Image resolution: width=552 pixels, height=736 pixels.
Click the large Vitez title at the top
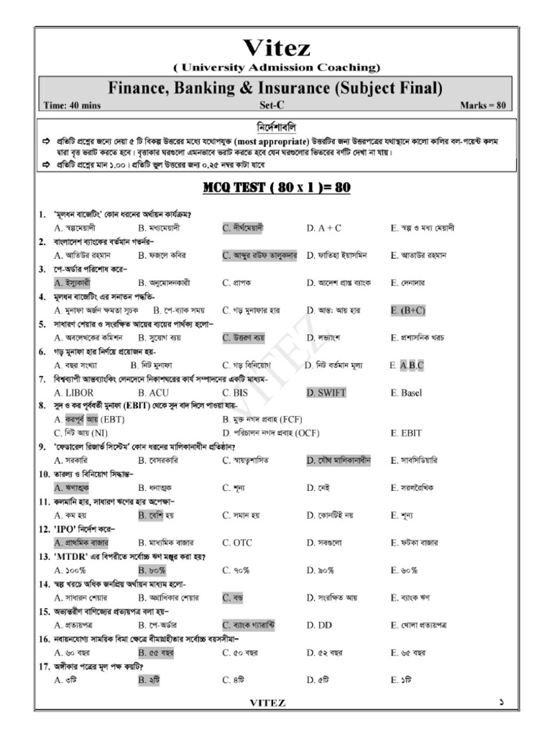click(x=277, y=48)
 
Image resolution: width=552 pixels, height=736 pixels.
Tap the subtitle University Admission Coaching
click(x=277, y=68)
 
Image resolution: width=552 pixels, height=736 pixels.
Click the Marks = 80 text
click(x=483, y=105)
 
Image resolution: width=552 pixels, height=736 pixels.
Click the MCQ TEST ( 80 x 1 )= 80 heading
click(x=276, y=188)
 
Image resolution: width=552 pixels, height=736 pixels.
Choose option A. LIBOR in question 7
click(x=74, y=393)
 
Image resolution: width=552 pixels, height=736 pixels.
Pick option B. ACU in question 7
click(x=153, y=393)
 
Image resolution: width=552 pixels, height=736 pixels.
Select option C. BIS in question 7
click(x=234, y=393)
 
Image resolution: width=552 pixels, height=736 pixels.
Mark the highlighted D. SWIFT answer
click(x=326, y=393)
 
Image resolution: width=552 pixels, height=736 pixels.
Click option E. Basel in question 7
click(x=406, y=393)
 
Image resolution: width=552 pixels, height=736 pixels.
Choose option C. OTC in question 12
click(x=237, y=543)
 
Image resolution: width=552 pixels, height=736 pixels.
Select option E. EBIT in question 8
click(x=406, y=433)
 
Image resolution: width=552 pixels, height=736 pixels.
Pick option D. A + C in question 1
click(x=323, y=228)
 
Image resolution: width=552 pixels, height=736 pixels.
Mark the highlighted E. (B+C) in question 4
click(x=408, y=310)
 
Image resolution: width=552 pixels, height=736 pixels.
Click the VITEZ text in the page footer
click(x=267, y=703)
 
